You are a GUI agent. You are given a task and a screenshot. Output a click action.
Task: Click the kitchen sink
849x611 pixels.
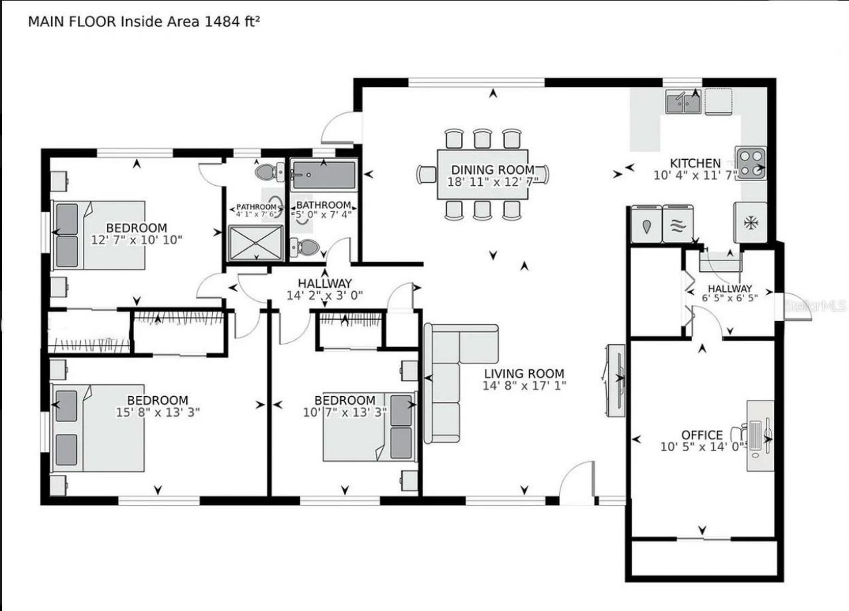683,103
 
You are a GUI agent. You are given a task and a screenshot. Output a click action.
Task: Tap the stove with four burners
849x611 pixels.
750,163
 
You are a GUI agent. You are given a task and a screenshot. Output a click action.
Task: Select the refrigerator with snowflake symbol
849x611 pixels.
750,223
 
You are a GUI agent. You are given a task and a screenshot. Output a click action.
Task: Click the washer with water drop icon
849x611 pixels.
646,224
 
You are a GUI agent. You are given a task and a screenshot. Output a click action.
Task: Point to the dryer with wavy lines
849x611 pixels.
677,224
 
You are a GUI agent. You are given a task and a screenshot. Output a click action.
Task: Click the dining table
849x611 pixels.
483,174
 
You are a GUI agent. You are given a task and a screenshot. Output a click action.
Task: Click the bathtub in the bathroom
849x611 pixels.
323,176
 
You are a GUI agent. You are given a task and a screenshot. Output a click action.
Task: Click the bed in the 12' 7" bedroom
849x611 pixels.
99,235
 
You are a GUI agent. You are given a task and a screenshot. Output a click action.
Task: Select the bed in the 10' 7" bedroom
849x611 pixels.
369,427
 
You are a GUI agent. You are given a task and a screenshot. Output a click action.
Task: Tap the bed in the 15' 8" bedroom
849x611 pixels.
99,427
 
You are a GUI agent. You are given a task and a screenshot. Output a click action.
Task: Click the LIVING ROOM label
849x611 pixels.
523,373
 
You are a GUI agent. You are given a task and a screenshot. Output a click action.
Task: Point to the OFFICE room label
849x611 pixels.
702,435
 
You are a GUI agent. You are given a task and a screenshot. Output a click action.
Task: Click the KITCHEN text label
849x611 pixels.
694,163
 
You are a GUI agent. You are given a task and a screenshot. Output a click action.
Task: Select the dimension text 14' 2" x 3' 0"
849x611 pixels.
325,295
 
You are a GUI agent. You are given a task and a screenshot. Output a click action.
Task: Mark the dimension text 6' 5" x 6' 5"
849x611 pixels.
730,298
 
